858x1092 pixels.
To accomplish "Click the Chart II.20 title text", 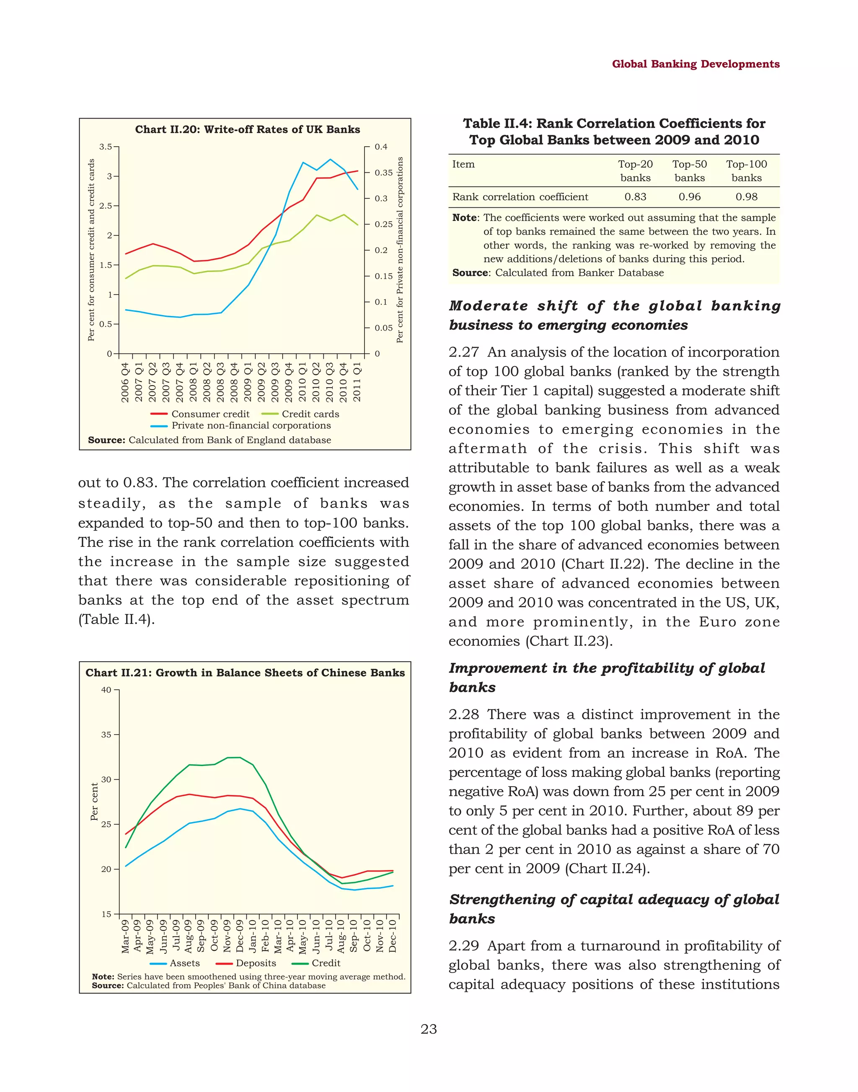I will coord(247,129).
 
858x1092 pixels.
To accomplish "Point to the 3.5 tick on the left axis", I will coord(106,147).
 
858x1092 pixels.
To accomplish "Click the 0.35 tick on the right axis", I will coord(384,173).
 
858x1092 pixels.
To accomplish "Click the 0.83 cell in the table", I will coord(635,197).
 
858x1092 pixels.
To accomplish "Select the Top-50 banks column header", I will coord(689,171).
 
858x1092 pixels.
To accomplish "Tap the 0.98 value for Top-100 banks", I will coord(746,197).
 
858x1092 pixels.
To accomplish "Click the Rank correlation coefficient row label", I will coord(520,197).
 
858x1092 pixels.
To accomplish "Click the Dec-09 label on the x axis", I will coord(240,936).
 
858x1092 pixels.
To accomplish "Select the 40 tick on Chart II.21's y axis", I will coord(106,690).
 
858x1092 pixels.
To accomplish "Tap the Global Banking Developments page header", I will coord(695,64).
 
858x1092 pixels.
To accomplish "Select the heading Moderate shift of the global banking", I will coord(614,306).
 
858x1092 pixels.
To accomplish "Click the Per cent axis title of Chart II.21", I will coord(94,802).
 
